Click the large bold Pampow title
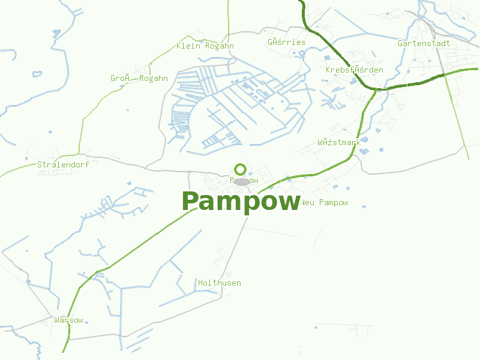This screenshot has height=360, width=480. tap(241, 202)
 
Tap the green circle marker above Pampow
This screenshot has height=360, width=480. tap(241, 169)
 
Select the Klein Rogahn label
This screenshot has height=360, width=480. tap(205, 46)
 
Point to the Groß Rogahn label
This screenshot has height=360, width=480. tap(139, 79)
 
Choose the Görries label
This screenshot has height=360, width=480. tap(286, 43)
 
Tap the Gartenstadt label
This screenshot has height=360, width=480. tap(424, 44)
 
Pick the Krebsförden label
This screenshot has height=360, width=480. tap(354, 70)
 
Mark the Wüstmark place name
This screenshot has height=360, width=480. tap(339, 143)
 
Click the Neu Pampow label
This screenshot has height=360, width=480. tap(324, 203)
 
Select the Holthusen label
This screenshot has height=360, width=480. tap(220, 283)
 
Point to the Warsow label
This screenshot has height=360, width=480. tap(68, 320)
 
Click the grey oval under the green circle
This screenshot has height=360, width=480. tap(241, 181)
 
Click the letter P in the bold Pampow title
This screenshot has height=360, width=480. tap(191, 202)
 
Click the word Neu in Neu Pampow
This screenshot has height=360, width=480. tap(307, 203)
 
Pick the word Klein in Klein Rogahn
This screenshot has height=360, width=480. tap(188, 46)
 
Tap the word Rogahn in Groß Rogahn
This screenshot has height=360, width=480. tap(154, 79)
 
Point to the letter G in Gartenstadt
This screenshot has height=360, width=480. tap(401, 44)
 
